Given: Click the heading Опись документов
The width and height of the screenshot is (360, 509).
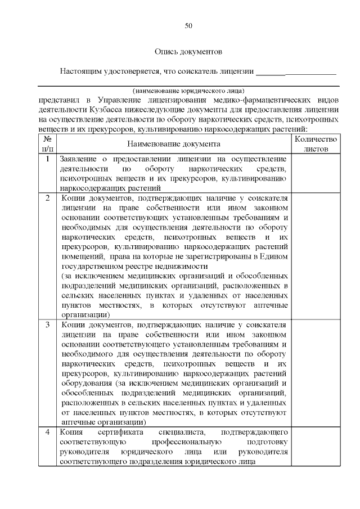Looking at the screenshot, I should coord(188,52).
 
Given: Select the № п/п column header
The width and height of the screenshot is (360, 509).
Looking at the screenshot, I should coord(48,144).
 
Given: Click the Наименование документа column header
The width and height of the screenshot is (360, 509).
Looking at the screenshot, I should coord(173,144).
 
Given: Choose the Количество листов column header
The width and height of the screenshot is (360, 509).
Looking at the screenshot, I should coord(316,144).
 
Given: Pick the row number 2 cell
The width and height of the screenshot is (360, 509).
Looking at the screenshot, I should coord(48,198).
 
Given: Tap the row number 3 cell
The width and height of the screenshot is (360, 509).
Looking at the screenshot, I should coord(48,325).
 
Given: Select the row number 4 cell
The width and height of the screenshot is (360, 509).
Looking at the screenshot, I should coord(48,432).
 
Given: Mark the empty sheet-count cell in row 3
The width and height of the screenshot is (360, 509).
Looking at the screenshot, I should coord(316,373).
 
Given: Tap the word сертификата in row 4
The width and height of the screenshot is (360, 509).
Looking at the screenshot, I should coord(121,432).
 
